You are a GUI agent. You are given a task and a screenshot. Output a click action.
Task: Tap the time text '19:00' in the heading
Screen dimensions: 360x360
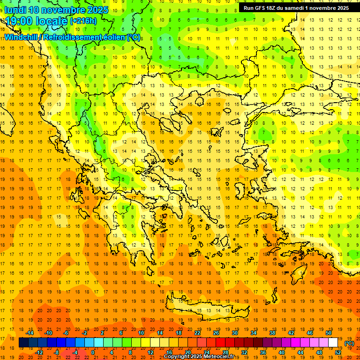tap(19, 21)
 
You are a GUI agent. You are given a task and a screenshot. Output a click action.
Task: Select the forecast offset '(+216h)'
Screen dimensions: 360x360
tap(83, 21)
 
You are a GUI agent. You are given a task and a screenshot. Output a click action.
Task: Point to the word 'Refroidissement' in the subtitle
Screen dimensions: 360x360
tap(71, 37)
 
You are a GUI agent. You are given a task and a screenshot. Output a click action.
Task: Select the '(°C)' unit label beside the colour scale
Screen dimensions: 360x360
tap(349, 343)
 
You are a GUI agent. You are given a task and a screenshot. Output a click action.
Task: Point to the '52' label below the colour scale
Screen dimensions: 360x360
tap(338, 352)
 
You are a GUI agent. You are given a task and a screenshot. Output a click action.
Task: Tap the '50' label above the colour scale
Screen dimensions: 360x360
tap(329, 333)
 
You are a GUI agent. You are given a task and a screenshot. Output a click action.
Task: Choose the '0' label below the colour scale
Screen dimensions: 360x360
tap(93, 352)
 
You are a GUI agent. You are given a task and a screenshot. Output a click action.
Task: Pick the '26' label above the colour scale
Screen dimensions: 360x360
tap(216, 333)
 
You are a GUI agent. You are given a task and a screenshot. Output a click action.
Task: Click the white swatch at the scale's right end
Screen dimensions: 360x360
tap(333, 343)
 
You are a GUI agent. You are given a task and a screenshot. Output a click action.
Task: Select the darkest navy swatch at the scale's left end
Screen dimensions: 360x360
tap(23, 343)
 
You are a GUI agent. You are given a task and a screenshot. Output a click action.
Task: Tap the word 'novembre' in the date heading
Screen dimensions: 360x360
tap(62, 10)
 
